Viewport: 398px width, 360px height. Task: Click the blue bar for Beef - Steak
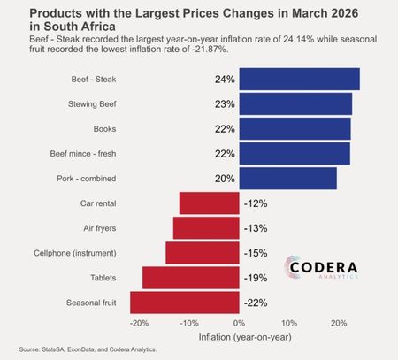tap(299, 79)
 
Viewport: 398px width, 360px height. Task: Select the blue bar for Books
tap(295, 129)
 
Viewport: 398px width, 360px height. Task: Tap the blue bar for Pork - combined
tap(287, 179)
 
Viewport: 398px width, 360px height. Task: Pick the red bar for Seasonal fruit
tap(185, 303)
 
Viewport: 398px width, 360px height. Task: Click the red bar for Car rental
tap(210, 203)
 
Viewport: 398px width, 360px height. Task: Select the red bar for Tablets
tap(191, 278)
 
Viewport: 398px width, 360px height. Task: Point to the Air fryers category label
tap(100, 228)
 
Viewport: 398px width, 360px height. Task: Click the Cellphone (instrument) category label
tap(75, 253)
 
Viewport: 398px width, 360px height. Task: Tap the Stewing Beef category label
tap(92, 104)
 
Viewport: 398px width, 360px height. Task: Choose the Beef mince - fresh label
tap(83, 154)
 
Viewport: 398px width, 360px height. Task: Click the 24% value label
tap(225, 80)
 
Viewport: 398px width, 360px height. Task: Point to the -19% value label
tap(256, 278)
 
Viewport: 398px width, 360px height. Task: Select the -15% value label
tap(256, 253)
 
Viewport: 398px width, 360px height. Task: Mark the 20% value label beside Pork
tap(225, 179)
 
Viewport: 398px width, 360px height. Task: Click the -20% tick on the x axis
tap(139, 324)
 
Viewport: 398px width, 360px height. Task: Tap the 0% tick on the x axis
tap(239, 324)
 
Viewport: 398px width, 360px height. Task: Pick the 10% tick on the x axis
tap(289, 324)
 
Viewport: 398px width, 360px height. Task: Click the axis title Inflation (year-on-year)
tap(245, 337)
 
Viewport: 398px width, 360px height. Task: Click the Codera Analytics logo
tap(321, 267)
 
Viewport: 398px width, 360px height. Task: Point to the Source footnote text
tap(88, 349)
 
